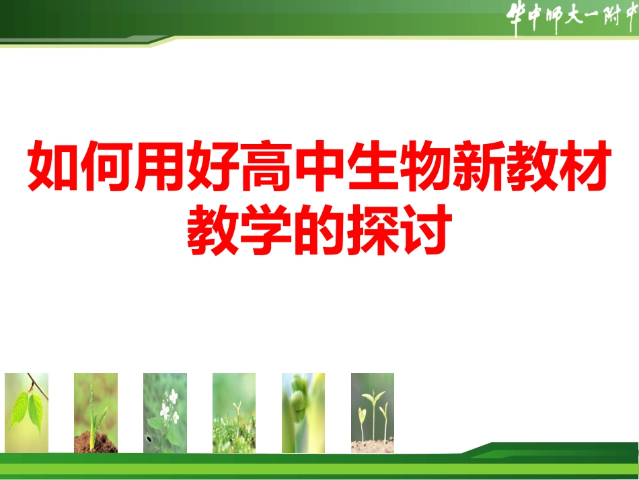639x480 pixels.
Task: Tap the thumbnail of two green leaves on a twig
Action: click(27, 413)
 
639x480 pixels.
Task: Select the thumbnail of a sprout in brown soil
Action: click(96, 413)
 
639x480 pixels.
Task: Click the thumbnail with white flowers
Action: click(165, 413)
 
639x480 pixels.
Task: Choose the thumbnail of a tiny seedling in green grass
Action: click(234, 413)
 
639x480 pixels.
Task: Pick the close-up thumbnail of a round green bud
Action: click(303, 413)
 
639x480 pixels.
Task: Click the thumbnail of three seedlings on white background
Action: click(373, 413)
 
